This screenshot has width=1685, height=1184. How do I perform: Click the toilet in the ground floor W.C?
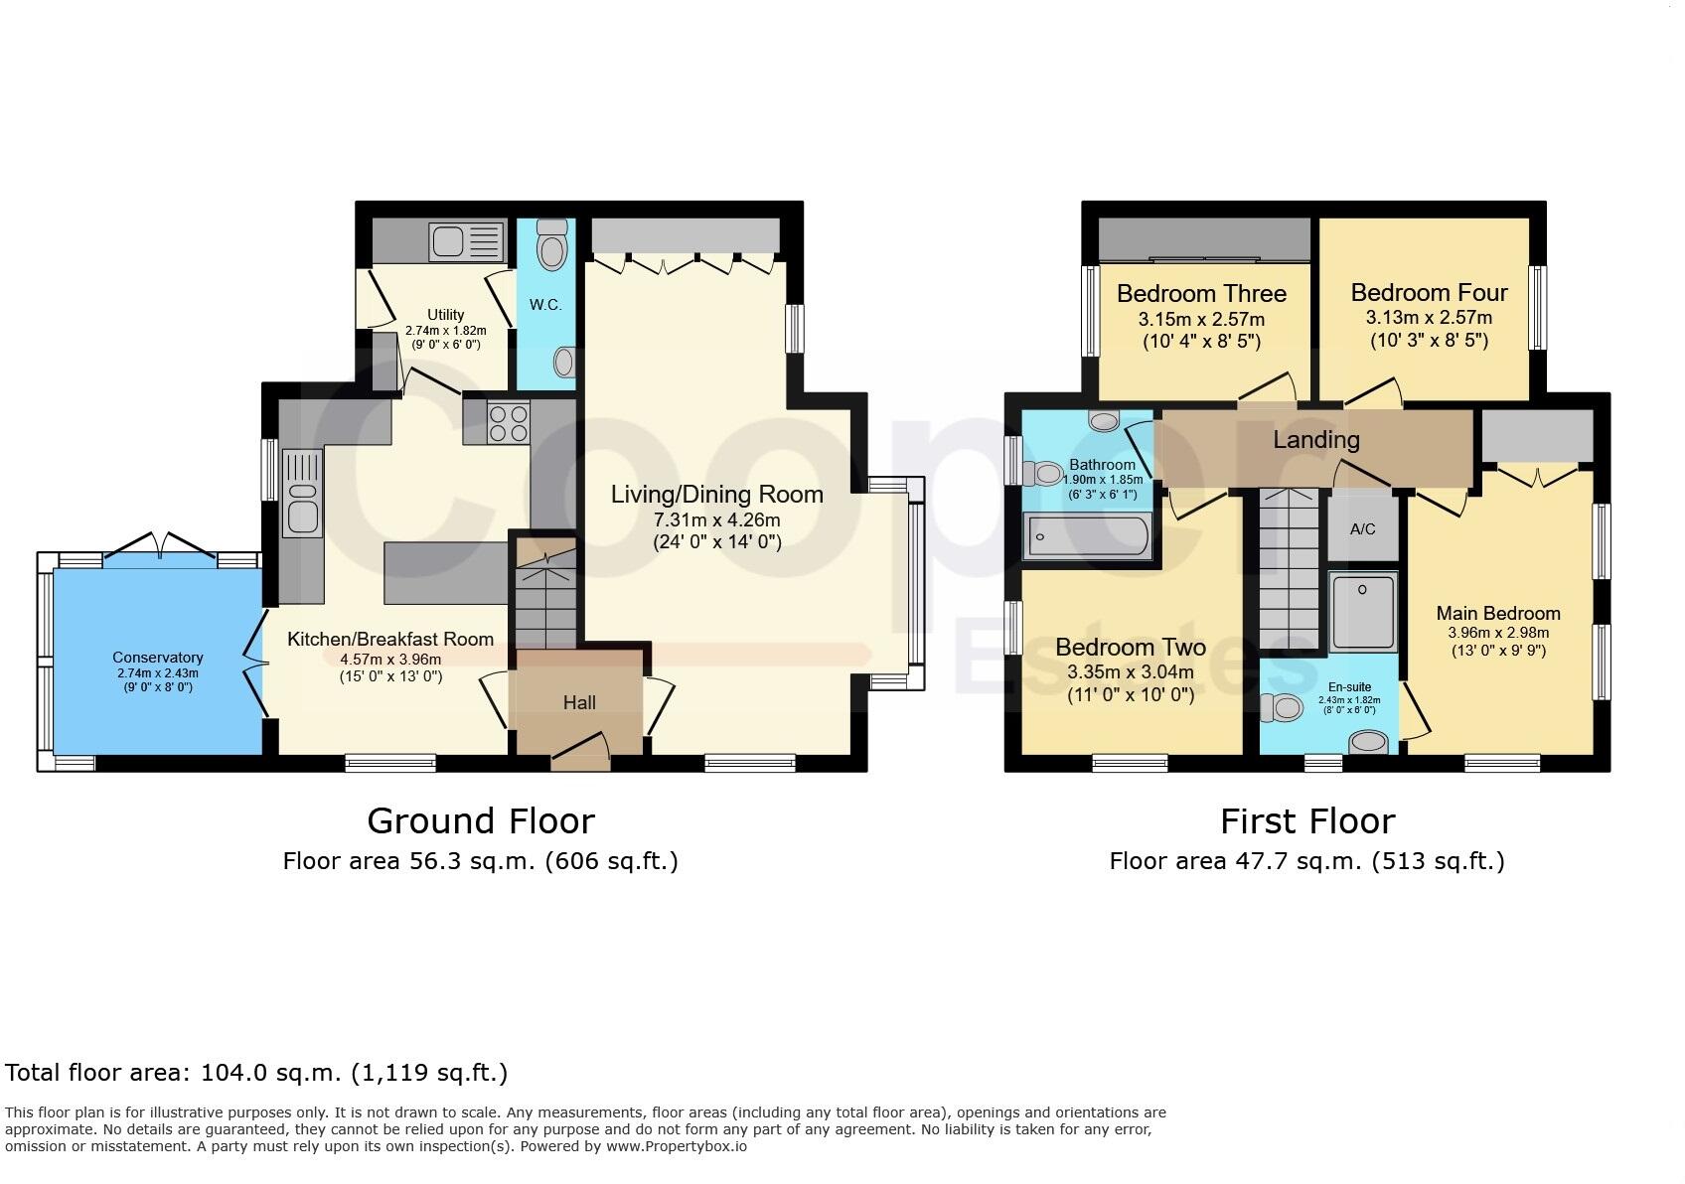551,243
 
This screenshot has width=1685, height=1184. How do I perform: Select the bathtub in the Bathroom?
1086,536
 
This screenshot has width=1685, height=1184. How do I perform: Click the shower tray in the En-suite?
1363,611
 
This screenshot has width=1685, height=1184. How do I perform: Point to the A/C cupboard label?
1362,528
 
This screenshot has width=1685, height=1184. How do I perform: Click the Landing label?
1316,439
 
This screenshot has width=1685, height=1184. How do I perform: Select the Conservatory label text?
158,658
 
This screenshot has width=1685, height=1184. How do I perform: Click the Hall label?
579,702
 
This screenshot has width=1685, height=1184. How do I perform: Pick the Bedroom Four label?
1429,293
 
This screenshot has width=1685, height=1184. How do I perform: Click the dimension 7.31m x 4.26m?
716,519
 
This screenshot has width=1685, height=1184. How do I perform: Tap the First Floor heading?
1306,821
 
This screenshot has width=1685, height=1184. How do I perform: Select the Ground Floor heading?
481,821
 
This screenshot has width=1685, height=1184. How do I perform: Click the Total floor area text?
256,1073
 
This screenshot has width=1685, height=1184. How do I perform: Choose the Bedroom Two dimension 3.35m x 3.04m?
1131,671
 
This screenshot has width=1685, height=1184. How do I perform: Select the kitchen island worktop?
446,573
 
